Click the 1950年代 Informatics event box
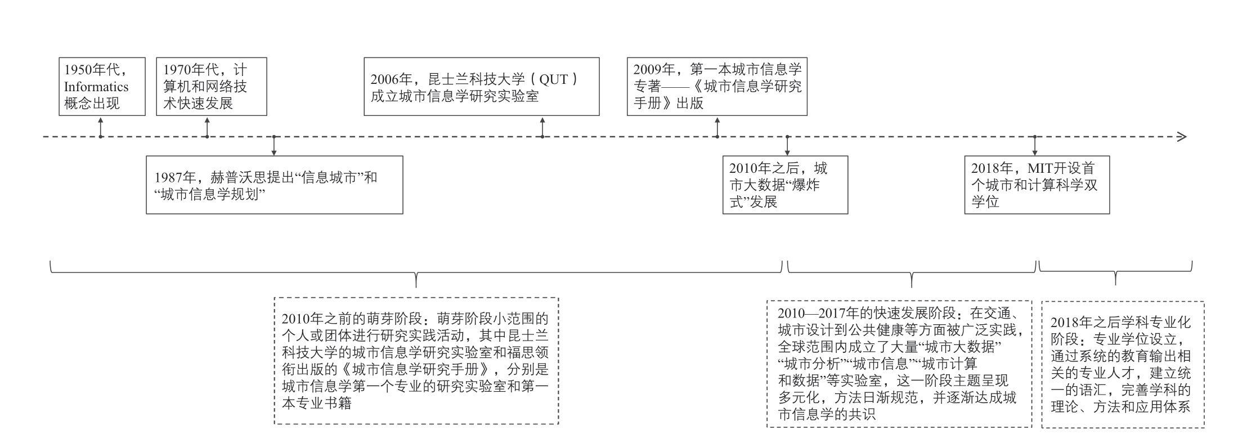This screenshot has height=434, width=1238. point(102,86)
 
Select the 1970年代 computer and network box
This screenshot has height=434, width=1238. point(211,86)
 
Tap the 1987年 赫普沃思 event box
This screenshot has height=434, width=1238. point(275,185)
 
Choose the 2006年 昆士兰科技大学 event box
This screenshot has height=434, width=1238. point(482,86)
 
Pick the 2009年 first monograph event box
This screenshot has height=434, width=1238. point(717,86)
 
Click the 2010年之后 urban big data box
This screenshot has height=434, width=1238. point(785,185)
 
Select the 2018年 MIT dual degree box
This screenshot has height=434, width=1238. point(1037,185)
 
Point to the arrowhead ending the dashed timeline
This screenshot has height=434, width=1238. point(1185,137)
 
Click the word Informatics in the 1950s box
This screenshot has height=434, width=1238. point(96,87)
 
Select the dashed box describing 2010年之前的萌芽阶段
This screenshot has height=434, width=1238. point(416,361)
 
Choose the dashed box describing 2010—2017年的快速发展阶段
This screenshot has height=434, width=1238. point(899,364)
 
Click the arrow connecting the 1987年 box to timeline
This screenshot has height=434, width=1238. point(274,146)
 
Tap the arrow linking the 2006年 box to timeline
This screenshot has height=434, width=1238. point(542,127)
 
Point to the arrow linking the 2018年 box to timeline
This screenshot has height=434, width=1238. point(1035,146)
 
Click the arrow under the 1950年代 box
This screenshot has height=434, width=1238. point(101,127)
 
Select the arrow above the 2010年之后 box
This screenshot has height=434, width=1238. point(787,146)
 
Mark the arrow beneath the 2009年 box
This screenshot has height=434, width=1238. point(717,127)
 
